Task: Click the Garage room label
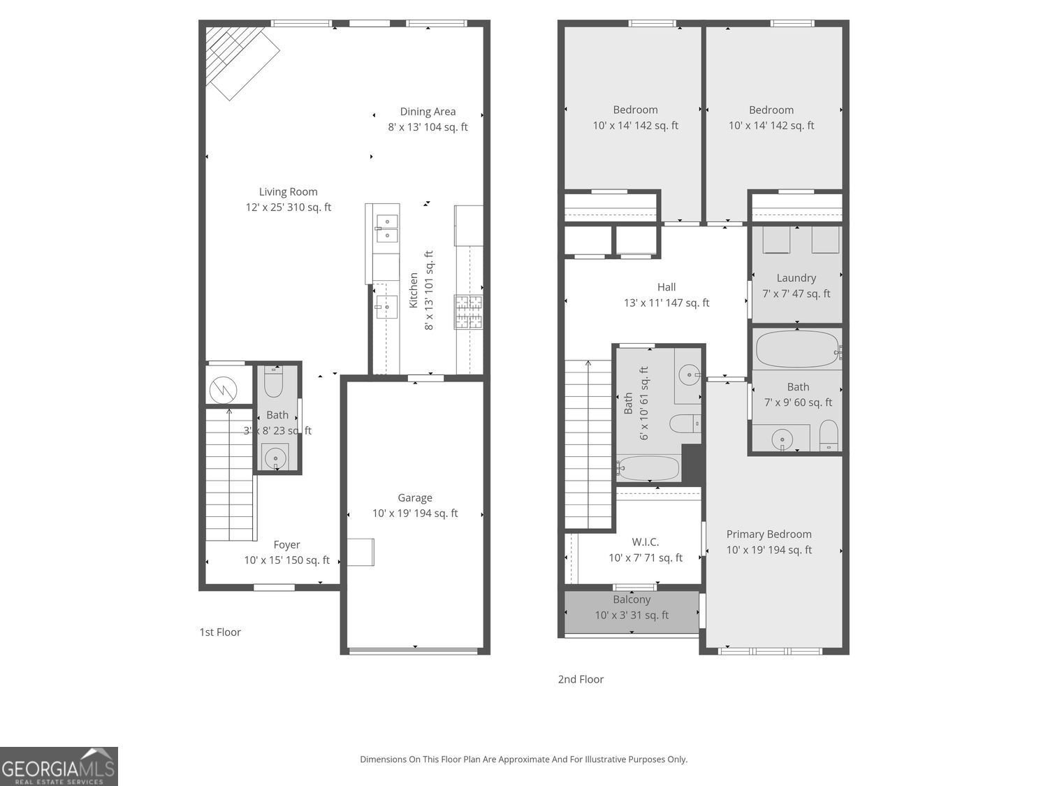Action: point(415,498)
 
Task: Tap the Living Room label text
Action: point(288,192)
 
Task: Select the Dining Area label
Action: point(428,112)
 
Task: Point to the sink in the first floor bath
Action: point(275,458)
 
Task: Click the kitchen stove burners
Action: point(469,312)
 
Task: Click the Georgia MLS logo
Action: point(59,766)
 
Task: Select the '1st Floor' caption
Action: point(220,632)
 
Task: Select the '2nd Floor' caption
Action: point(581,679)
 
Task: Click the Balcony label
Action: point(632,599)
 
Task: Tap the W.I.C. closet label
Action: point(645,542)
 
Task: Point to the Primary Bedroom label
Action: point(769,534)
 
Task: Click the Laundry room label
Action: point(796,278)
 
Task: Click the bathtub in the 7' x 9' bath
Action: point(796,349)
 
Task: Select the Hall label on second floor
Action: point(667,287)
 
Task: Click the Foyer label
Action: point(286,545)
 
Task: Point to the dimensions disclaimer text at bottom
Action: point(523,759)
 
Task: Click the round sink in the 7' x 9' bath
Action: point(783,439)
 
